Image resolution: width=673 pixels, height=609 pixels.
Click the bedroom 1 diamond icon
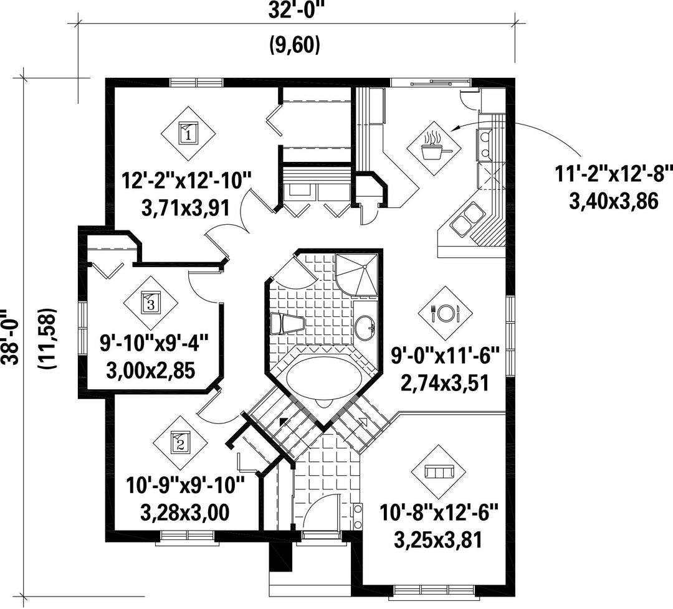pyautogui.click(x=188, y=133)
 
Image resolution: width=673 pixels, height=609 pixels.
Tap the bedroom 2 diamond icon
pyautogui.click(x=180, y=441)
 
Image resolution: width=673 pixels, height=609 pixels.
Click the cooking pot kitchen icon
pyautogui.click(x=434, y=146)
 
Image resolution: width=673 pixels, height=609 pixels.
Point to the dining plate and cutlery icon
pyautogui.click(x=446, y=313)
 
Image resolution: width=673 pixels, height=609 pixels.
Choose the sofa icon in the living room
pyautogui.click(x=438, y=472)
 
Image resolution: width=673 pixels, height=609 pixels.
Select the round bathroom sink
pyautogui.click(x=365, y=328)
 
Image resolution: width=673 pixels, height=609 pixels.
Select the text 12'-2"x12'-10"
pyautogui.click(x=186, y=180)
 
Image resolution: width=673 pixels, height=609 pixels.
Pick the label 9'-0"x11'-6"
pyautogui.click(x=446, y=356)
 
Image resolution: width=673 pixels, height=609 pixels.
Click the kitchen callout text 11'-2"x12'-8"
pyautogui.click(x=613, y=174)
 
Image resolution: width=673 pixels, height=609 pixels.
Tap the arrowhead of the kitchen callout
pyautogui.click(x=454, y=128)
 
